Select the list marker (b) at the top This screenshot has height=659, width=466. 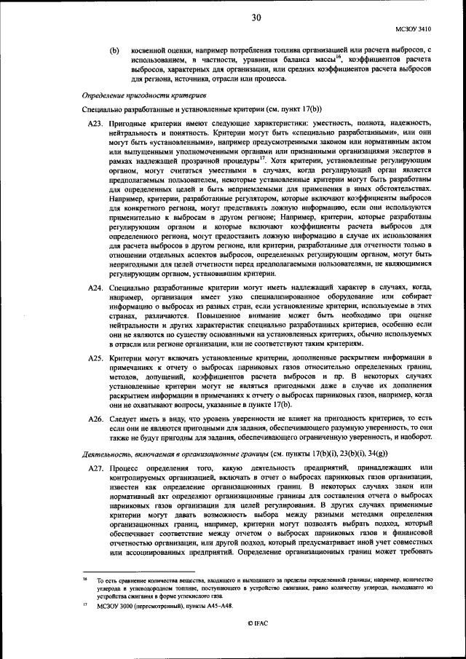tap(114, 50)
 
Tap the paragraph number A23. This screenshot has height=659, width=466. tap(96, 125)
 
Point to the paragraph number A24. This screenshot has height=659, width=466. tap(96, 289)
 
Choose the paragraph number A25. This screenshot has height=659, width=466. tap(96, 358)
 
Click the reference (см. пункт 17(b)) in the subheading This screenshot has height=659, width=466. tap(288, 109)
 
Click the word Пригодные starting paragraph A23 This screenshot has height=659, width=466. tap(130, 125)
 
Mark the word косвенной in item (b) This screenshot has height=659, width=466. tap(151, 50)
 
